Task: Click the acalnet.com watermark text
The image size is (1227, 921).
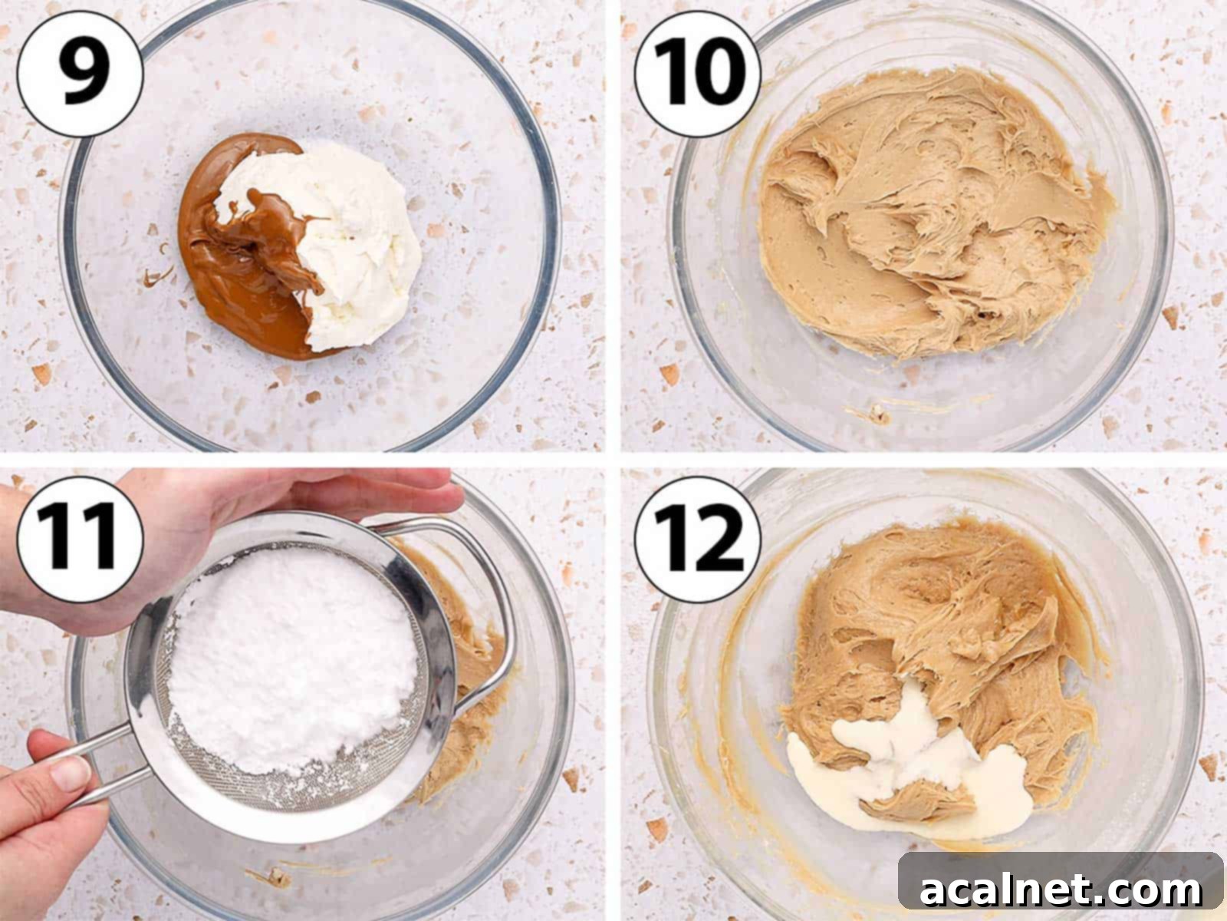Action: pyautogui.click(x=1061, y=890)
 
